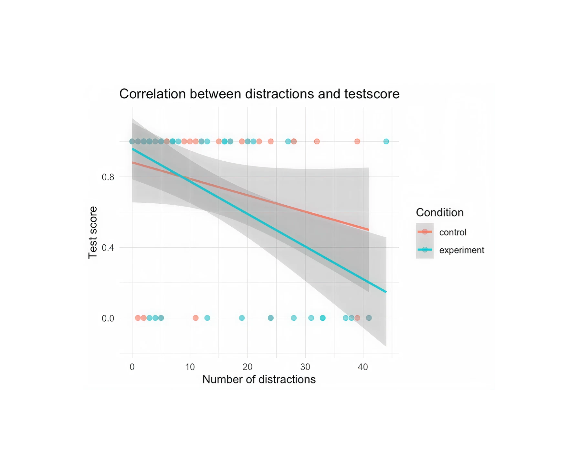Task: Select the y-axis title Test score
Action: click(x=93, y=232)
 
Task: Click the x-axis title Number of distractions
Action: click(x=259, y=379)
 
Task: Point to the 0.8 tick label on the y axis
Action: click(x=108, y=177)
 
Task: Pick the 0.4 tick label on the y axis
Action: click(x=108, y=248)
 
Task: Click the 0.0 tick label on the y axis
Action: click(x=108, y=318)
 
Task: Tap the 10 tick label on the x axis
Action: click(x=190, y=367)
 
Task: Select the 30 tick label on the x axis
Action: click(x=305, y=367)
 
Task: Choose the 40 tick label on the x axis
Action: click(x=363, y=367)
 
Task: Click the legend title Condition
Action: click(x=440, y=212)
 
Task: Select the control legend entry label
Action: click(x=453, y=232)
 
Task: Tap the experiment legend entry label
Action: click(x=462, y=250)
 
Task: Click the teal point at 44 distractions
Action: click(x=386, y=141)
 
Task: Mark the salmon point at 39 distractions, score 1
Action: click(x=357, y=141)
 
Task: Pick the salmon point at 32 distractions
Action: click(x=317, y=141)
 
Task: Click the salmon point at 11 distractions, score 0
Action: click(x=195, y=318)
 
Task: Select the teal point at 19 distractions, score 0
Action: click(x=242, y=318)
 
